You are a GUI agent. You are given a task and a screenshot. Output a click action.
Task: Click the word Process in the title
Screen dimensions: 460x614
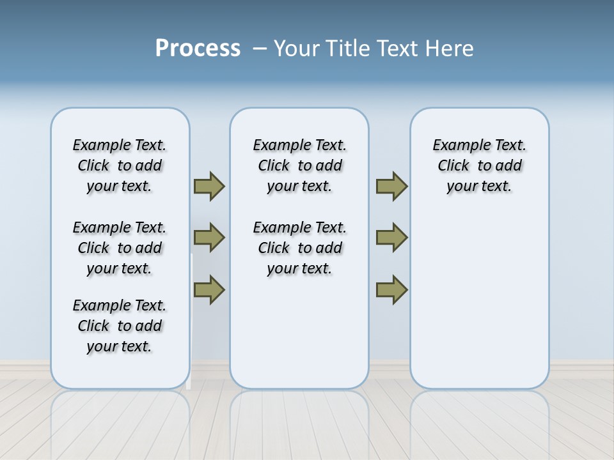[198, 48]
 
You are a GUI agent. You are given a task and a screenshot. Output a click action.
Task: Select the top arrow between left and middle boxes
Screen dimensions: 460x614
[209, 186]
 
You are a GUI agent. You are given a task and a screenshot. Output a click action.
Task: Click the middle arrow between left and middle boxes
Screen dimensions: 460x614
[209, 238]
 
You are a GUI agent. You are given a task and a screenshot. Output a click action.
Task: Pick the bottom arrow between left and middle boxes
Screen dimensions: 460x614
[209, 289]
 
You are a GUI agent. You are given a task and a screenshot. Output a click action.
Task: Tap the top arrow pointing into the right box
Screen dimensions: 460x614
[391, 186]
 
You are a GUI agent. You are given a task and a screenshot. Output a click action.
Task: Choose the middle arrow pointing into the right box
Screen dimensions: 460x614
[391, 238]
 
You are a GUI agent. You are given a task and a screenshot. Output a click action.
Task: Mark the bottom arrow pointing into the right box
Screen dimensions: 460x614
[391, 289]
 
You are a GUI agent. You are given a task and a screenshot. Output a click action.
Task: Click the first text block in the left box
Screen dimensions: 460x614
[120, 165]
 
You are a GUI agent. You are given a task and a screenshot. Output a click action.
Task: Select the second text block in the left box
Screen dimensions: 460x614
[120, 248]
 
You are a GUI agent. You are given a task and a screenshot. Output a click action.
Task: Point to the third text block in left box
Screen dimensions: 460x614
[120, 326]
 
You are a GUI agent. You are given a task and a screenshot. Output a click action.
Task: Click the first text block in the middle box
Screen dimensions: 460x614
[299, 165]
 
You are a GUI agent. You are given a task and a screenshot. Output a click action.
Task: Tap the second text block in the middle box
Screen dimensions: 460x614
[299, 248]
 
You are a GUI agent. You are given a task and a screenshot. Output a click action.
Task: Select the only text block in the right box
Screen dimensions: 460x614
[479, 165]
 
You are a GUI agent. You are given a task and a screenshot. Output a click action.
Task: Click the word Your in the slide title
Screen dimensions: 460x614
[296, 49]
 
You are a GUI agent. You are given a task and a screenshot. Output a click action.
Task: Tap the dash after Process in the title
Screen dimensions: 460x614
[260, 49]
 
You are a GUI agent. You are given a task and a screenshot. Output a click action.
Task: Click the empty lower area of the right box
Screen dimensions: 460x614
[479, 307]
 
